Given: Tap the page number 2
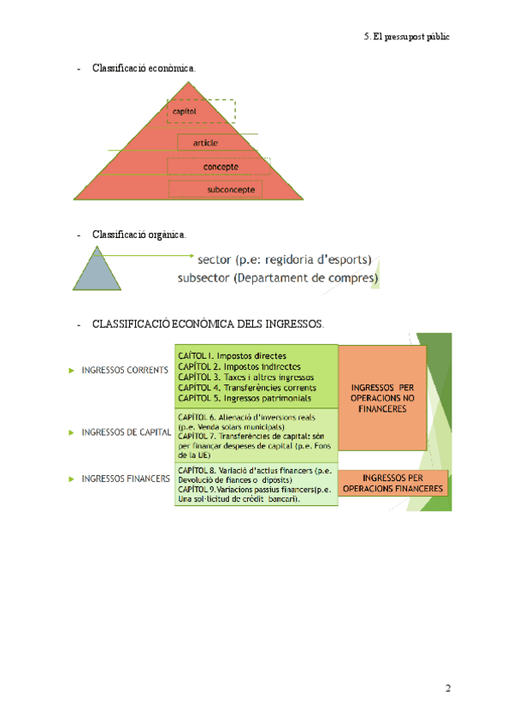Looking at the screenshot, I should [446, 688].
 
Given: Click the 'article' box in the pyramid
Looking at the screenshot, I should [206, 143].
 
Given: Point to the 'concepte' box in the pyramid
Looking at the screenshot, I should [221, 166].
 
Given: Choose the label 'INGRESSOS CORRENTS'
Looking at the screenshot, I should [124, 371].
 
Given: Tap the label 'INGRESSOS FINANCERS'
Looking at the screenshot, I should [125, 479].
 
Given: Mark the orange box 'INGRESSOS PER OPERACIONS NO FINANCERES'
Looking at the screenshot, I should [382, 397].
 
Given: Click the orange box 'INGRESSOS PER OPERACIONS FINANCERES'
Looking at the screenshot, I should [393, 484].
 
